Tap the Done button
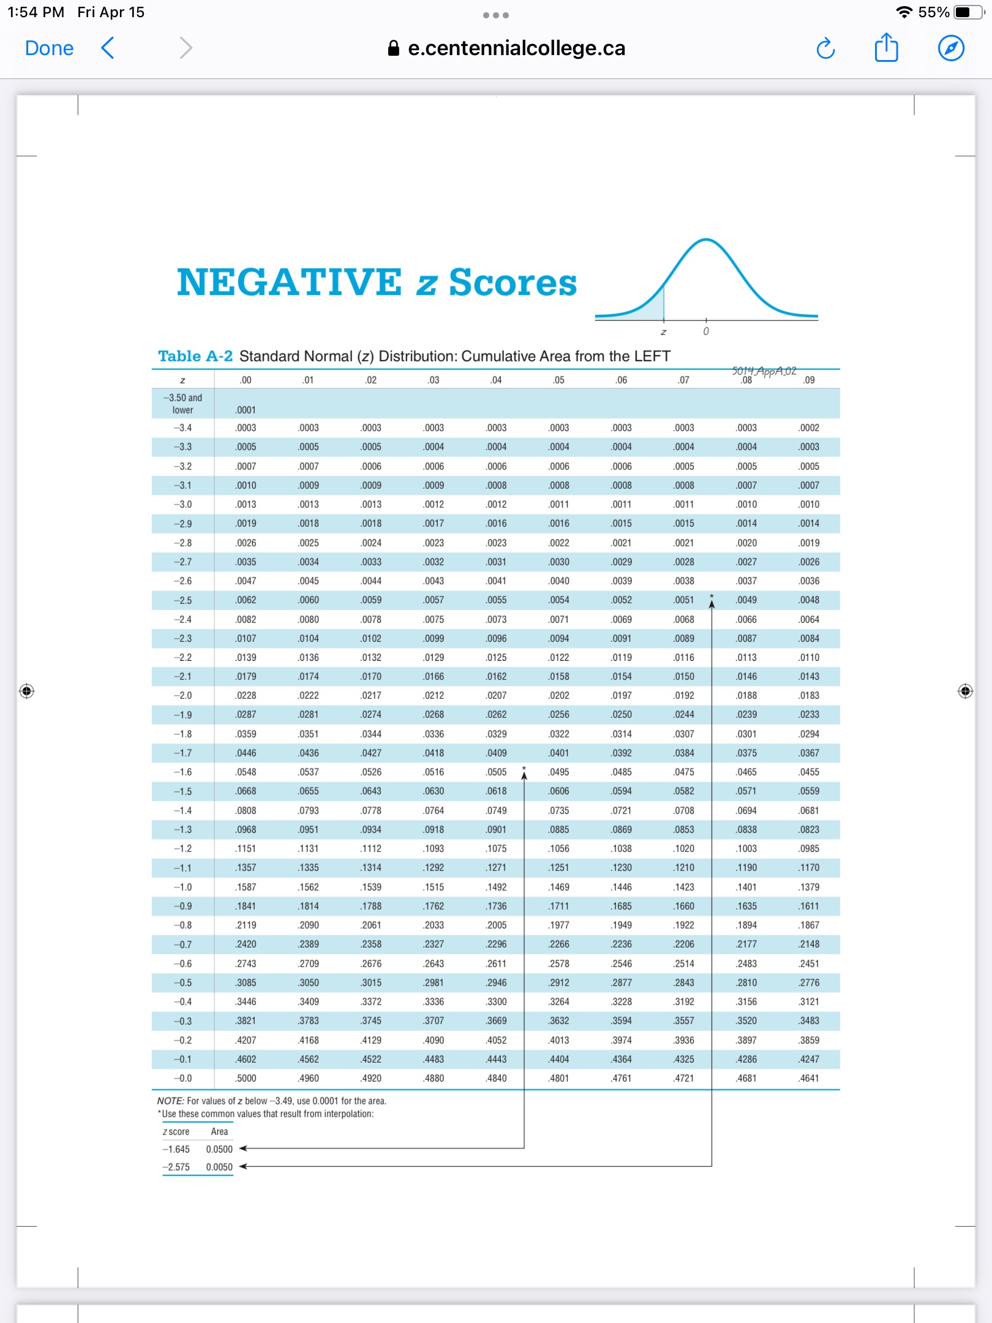pyautogui.click(x=49, y=48)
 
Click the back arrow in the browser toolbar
pyautogui.click(x=108, y=48)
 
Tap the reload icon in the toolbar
pyautogui.click(x=825, y=48)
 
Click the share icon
pyautogui.click(x=886, y=48)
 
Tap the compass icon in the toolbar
pyautogui.click(x=951, y=48)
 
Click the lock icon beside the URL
pyautogui.click(x=394, y=48)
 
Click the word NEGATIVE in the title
pyautogui.click(x=289, y=282)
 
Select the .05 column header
pyautogui.click(x=558, y=380)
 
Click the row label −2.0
pyautogui.click(x=182, y=695)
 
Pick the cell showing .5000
pyautogui.click(x=246, y=1078)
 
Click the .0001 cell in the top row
pyautogui.click(x=246, y=410)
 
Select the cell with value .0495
pyautogui.click(x=558, y=772)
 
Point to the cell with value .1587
pyautogui.click(x=246, y=887)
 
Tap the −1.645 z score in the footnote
pyautogui.click(x=176, y=1149)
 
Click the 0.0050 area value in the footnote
pyautogui.click(x=219, y=1167)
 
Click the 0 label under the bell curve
pyautogui.click(x=706, y=331)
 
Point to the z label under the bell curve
pyautogui.click(x=663, y=332)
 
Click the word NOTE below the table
pyautogui.click(x=170, y=1101)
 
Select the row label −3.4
pyautogui.click(x=182, y=428)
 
